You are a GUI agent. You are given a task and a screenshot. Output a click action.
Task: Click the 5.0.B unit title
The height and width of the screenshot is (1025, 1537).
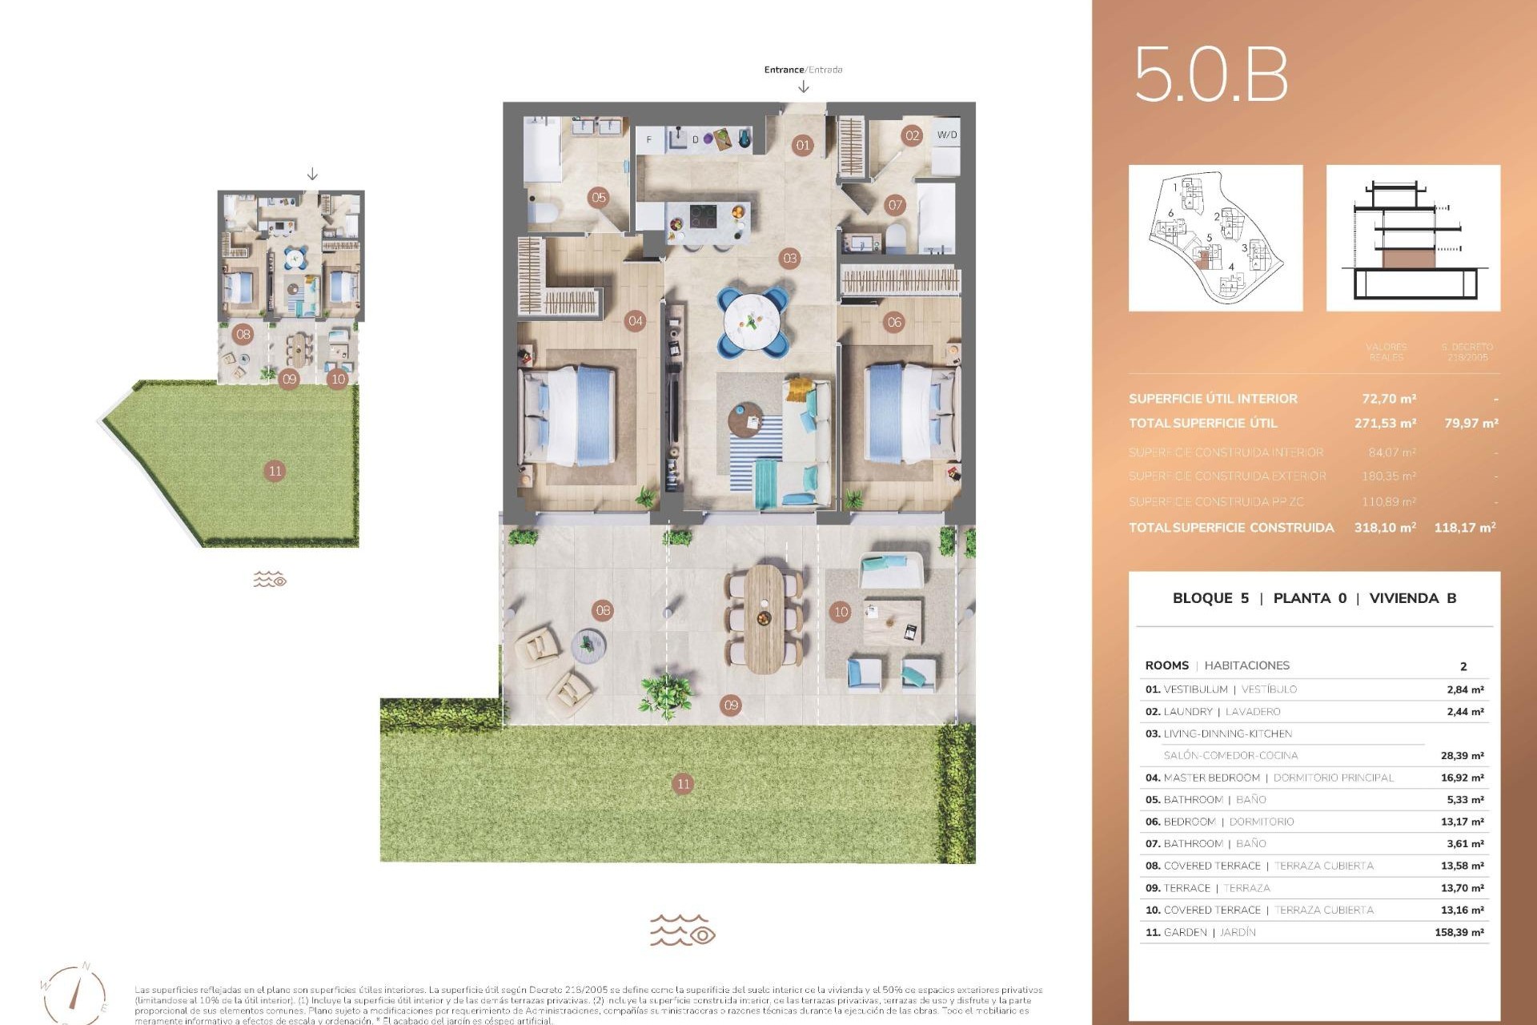point(1210,74)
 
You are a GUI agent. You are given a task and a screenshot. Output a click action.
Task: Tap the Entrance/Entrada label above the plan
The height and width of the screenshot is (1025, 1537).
point(803,70)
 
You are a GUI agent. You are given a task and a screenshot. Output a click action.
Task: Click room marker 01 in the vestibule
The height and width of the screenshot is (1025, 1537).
point(802,145)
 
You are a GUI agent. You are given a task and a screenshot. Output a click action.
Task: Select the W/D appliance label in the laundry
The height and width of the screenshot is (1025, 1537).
point(946,135)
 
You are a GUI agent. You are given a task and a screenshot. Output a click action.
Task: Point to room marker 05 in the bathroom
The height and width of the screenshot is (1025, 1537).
point(599,197)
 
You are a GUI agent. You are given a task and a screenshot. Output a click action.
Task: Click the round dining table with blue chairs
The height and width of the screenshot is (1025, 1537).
point(752,322)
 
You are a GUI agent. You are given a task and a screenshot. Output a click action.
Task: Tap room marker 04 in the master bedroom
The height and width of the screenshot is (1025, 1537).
point(635,321)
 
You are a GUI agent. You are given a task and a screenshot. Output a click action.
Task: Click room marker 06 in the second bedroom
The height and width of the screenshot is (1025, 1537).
point(894,322)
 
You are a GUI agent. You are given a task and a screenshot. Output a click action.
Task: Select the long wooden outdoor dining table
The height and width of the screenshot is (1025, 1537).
point(764,617)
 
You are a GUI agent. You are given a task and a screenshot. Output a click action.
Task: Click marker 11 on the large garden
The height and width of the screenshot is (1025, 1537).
point(683,784)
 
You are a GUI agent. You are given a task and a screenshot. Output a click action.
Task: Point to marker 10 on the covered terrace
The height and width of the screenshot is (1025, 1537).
point(841,612)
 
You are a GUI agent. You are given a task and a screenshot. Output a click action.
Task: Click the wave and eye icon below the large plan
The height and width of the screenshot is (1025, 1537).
point(682,931)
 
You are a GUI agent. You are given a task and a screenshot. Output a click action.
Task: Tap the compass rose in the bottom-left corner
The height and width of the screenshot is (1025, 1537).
point(74,993)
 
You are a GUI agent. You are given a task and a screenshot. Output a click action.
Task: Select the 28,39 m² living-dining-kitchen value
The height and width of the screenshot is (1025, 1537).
point(1462,755)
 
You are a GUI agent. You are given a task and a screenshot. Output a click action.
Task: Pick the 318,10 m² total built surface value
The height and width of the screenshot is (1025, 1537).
point(1384,528)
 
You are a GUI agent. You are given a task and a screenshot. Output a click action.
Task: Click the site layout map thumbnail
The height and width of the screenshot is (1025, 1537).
point(1215,238)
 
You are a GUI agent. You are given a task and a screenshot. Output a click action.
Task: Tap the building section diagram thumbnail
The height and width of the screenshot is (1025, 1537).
point(1413,238)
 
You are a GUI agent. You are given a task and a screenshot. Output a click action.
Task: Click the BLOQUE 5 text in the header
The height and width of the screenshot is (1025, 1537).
point(1210,598)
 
